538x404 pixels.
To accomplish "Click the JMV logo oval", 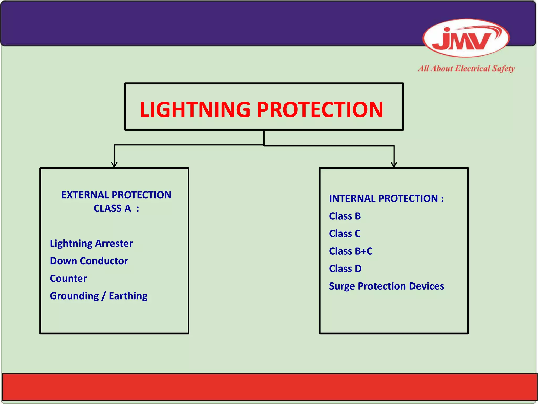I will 466,38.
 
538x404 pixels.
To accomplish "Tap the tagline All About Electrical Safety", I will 466,69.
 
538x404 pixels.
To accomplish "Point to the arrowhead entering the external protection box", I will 114,165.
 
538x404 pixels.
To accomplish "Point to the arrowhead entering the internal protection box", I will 394,165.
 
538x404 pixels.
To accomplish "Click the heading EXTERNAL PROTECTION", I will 116,195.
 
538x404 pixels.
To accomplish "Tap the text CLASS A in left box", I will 112,209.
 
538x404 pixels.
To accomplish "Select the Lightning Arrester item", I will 91,243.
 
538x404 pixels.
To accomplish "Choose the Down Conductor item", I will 89,261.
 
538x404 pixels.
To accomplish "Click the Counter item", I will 68,278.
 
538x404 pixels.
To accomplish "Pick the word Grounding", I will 74,296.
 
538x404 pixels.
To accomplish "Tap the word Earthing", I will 128,296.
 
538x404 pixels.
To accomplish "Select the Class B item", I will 345,216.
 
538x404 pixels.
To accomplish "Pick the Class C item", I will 345,234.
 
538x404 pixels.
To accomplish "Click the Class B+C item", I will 351,251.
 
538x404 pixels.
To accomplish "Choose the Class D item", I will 345,269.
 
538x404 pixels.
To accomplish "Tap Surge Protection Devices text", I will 386,286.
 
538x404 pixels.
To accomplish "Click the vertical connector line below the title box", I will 264,138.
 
